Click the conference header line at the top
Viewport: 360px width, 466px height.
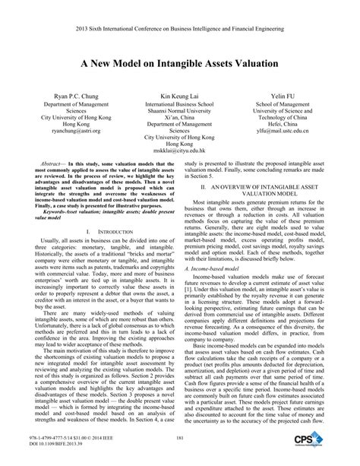pyautogui.click(x=179, y=11)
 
